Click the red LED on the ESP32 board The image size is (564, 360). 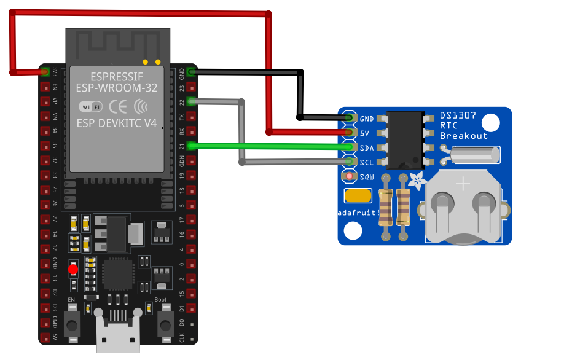(73, 269)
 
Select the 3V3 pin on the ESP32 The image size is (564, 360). (45, 72)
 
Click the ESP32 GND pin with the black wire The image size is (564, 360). (191, 72)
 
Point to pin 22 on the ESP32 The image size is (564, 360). (191, 101)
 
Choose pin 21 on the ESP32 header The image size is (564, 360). (191, 146)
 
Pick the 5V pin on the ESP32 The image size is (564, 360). (45, 337)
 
